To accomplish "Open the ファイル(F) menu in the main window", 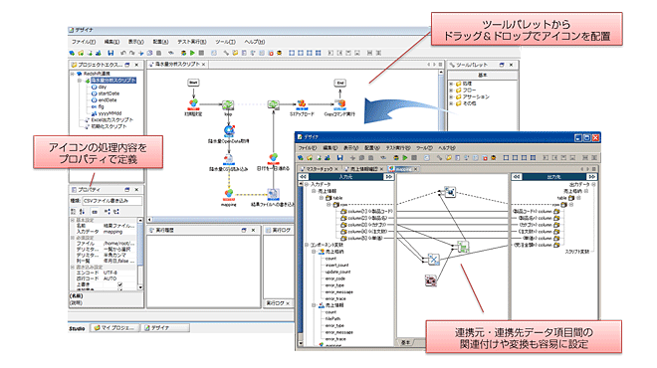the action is click(x=84, y=42).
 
